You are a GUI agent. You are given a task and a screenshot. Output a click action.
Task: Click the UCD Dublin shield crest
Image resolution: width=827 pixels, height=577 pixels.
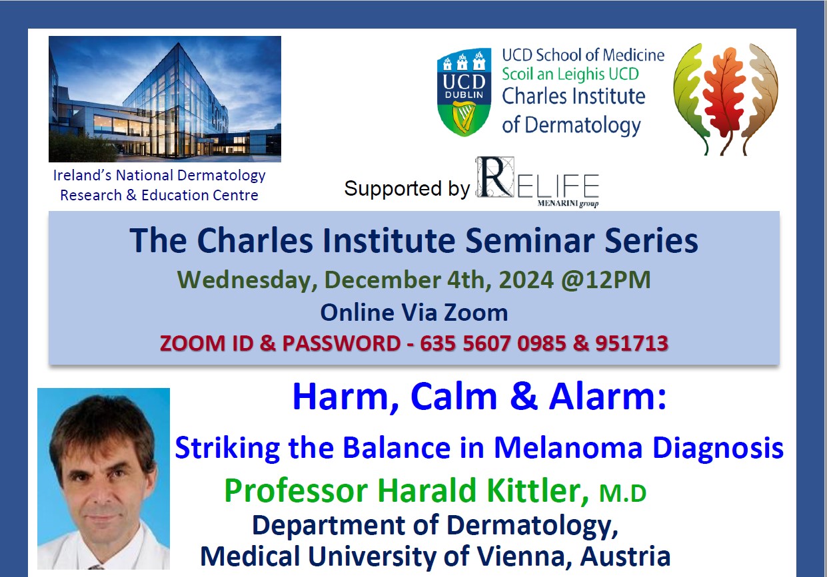pyautogui.click(x=464, y=92)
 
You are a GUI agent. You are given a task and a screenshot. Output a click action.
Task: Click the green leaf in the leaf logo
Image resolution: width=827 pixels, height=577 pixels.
pyautogui.click(x=689, y=96)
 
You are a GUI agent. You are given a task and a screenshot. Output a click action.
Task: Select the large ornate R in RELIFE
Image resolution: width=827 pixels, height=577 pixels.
pyautogui.click(x=494, y=177)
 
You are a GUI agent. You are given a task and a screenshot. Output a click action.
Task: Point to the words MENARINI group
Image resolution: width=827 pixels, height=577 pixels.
pyautogui.click(x=568, y=204)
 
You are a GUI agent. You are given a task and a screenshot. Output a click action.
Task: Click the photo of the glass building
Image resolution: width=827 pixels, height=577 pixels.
pyautogui.click(x=165, y=98)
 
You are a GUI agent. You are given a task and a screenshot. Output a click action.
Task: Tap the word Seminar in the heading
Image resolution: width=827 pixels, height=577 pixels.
pyautogui.click(x=530, y=240)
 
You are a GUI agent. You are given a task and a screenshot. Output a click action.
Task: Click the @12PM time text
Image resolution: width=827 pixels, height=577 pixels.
pyautogui.click(x=606, y=280)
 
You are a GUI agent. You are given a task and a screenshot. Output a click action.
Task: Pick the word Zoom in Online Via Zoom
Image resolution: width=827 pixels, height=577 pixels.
pyautogui.click(x=476, y=313)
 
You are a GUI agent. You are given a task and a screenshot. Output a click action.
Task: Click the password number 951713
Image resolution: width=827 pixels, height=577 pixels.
pyautogui.click(x=632, y=343)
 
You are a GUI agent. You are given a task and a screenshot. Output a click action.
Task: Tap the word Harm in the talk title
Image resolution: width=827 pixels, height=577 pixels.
pyautogui.click(x=346, y=397)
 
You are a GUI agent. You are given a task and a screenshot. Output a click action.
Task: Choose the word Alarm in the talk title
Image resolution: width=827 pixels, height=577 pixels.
pyautogui.click(x=607, y=397)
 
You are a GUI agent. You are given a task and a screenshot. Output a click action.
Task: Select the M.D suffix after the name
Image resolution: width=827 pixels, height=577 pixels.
pyautogui.click(x=622, y=493)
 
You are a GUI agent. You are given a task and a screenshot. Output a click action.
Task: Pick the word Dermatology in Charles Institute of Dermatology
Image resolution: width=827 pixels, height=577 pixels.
pyautogui.click(x=582, y=125)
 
